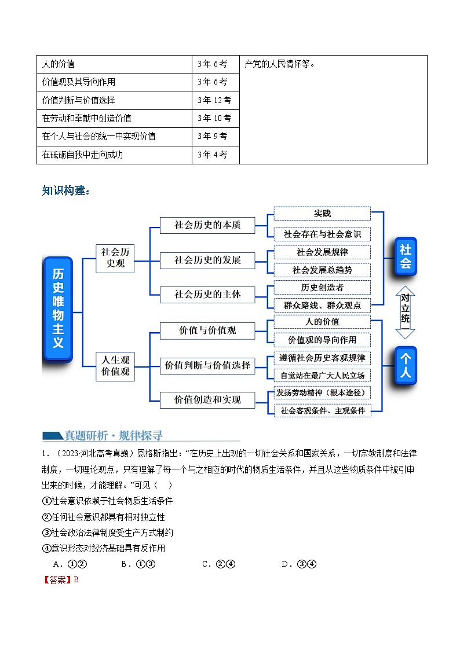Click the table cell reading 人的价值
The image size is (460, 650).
(x=114, y=64)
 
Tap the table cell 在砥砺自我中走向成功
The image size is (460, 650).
(x=114, y=155)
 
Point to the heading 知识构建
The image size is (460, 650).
(x=66, y=191)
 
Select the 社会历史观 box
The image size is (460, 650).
(x=115, y=258)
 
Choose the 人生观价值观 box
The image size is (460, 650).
(x=115, y=365)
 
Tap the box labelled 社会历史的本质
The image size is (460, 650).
(x=207, y=225)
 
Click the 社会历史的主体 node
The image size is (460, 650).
(x=207, y=295)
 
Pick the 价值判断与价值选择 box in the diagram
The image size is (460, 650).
(x=207, y=365)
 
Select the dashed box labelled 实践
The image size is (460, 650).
(x=322, y=214)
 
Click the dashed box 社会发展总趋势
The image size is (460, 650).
(x=322, y=270)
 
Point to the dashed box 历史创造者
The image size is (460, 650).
(x=322, y=287)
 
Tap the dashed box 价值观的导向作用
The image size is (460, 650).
(x=322, y=340)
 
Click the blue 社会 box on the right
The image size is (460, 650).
(x=406, y=256)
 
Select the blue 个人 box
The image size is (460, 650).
(x=406, y=365)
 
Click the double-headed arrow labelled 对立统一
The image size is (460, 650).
(x=406, y=311)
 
